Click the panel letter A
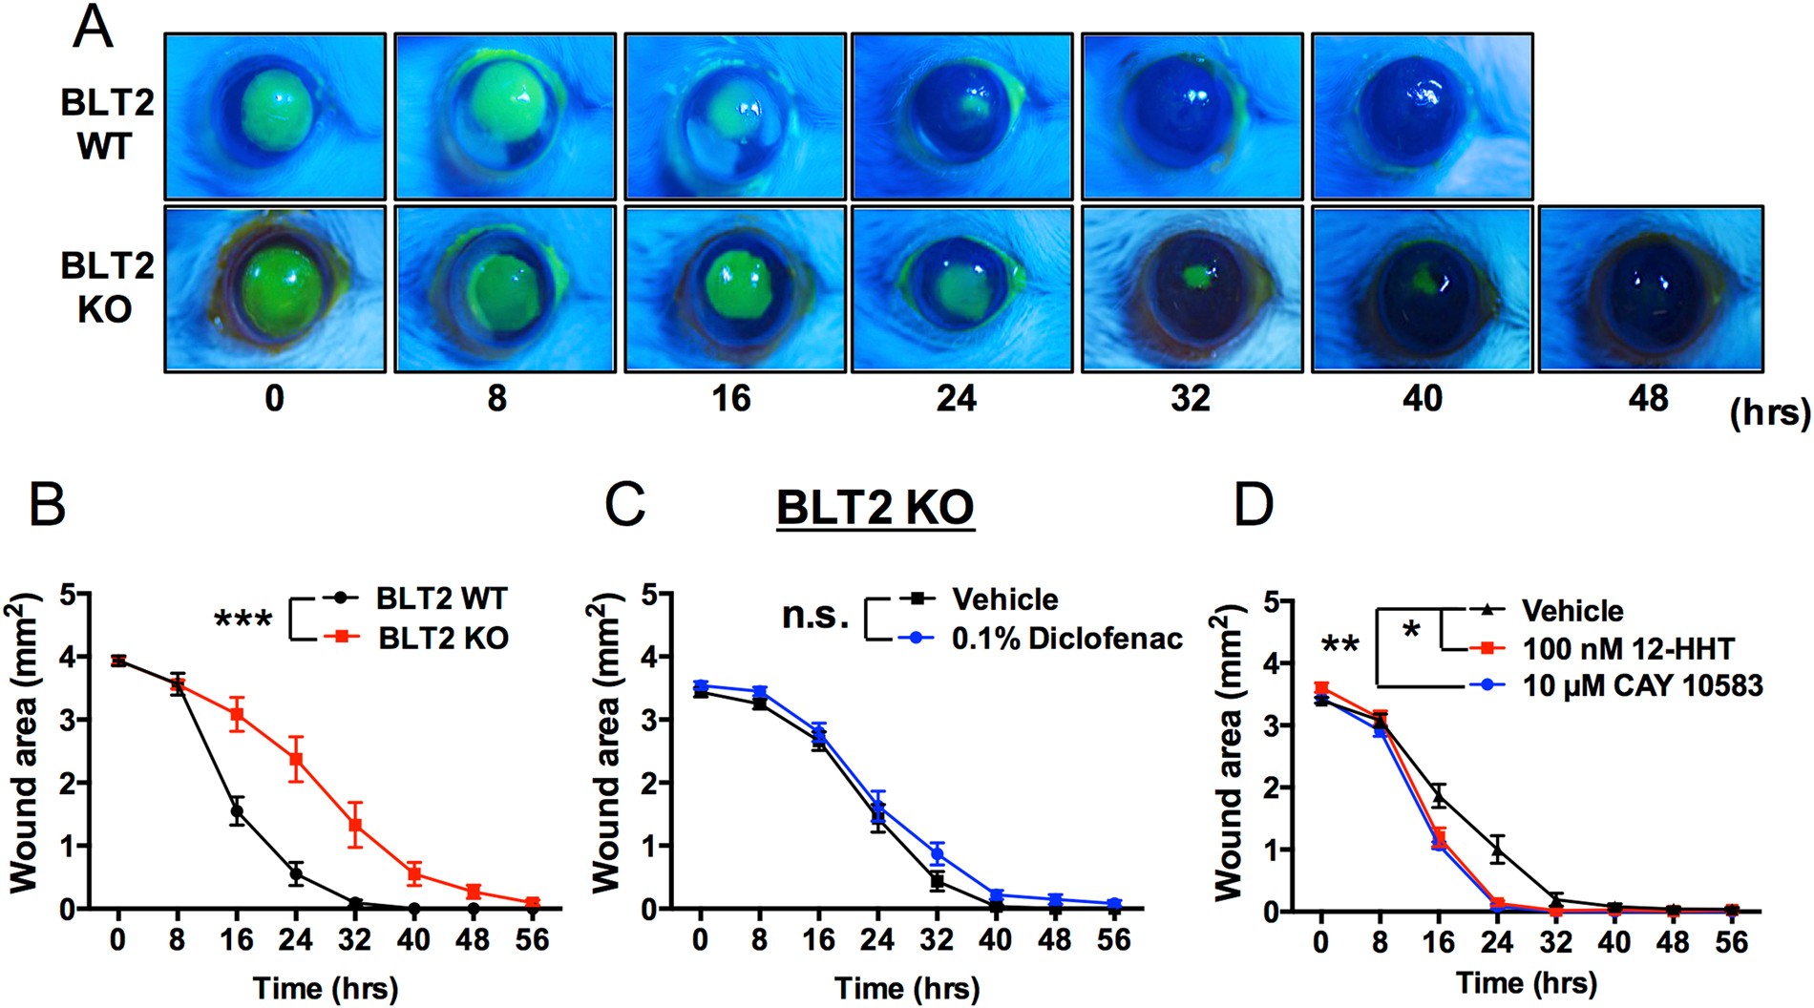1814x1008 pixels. click(93, 28)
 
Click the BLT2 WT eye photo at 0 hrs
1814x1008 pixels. click(275, 115)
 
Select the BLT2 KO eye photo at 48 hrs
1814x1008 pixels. click(1650, 288)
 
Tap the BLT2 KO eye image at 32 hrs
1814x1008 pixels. click(1192, 288)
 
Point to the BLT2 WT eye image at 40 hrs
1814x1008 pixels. click(1422, 115)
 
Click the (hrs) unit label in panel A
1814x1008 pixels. click(1769, 412)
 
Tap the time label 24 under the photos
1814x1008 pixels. click(956, 398)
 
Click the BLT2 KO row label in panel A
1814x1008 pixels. click(106, 287)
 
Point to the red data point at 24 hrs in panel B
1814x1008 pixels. click(296, 760)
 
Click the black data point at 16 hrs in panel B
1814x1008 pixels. click(237, 811)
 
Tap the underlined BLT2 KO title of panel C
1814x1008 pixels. click(875, 508)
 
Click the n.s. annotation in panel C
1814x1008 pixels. click(814, 616)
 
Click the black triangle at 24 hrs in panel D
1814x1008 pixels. click(1498, 850)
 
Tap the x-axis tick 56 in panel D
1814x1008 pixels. click(1731, 943)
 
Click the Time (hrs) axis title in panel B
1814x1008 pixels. click(325, 988)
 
